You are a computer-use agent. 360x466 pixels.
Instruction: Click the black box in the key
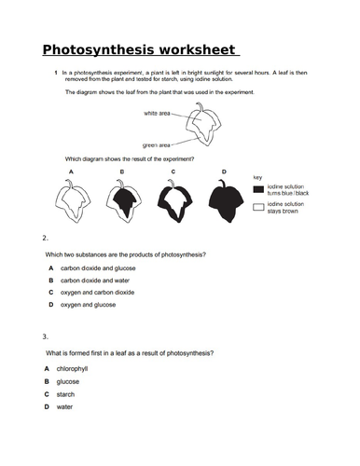pos(258,187)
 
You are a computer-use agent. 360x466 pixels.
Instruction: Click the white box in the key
pos(258,207)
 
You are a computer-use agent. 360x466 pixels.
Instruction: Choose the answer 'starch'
pos(66,393)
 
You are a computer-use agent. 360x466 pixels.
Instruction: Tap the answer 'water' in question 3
pos(64,406)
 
